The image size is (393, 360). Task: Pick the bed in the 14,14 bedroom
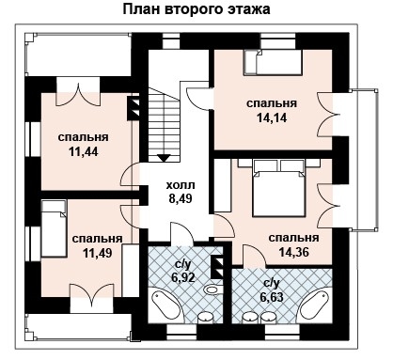(273, 63)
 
